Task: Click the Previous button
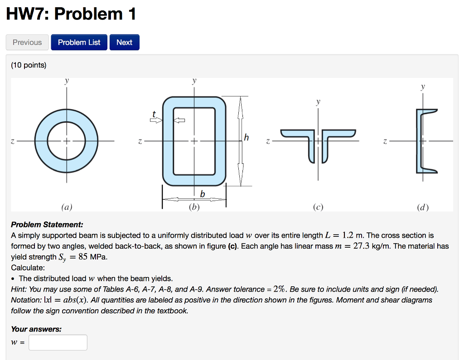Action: [27, 42]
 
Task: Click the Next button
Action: [124, 42]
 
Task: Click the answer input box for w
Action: [58, 342]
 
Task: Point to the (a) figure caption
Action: [67, 208]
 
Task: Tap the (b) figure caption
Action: [193, 208]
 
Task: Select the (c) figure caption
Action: [318, 208]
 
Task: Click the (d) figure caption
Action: [422, 208]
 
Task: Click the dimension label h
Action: [246, 138]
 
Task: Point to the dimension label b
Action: [203, 194]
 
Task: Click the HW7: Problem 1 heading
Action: [71, 14]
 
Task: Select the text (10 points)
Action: [29, 65]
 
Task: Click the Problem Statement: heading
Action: [47, 225]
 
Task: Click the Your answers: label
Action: [36, 329]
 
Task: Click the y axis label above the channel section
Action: [422, 86]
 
